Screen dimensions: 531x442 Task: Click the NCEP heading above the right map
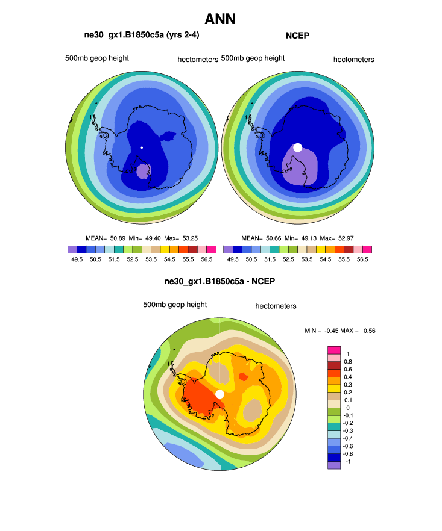pos(297,36)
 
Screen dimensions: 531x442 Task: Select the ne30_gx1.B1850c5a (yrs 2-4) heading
pos(142,36)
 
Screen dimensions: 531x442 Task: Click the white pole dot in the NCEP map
pos(297,147)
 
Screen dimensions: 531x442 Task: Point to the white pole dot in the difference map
pos(219,394)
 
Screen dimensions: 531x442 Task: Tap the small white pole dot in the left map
pos(142,147)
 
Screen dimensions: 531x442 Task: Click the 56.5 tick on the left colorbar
pos(207,259)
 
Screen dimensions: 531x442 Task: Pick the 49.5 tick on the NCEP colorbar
pos(233,259)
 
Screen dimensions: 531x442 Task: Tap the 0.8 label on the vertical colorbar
pos(347,362)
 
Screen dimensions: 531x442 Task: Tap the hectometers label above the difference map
pos(276,306)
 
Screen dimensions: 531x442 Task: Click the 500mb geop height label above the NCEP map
pos(253,58)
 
